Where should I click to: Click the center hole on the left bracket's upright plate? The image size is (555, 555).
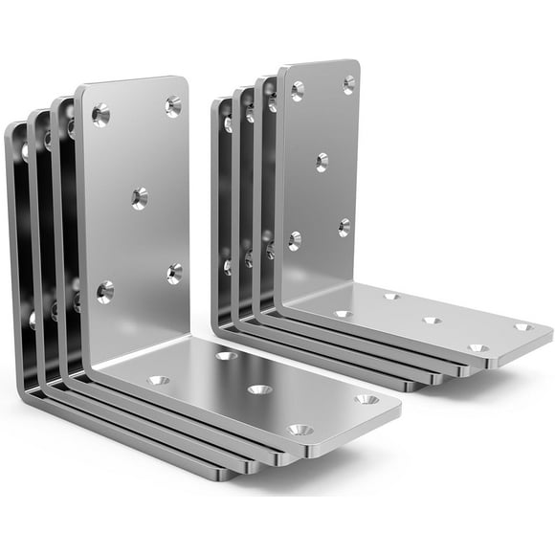click(140, 199)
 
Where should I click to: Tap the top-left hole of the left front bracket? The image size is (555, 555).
click(101, 116)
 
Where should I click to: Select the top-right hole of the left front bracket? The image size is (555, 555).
click(172, 106)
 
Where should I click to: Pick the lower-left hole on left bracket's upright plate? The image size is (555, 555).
click(104, 291)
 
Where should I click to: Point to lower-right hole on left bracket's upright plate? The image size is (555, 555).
click(175, 275)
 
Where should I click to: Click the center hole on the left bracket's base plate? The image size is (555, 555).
click(258, 389)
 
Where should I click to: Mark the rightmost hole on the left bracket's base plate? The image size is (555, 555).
click(366, 399)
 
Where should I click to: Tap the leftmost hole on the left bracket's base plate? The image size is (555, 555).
click(158, 380)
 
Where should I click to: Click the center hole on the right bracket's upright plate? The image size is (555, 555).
click(322, 162)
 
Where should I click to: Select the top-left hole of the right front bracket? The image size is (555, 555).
click(298, 91)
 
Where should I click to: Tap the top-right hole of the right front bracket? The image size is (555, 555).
click(348, 84)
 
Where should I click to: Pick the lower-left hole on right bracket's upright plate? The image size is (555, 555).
click(296, 240)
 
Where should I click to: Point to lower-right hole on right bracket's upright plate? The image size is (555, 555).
click(344, 227)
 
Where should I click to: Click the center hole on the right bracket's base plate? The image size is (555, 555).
click(432, 321)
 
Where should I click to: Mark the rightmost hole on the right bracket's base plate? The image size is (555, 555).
click(522, 327)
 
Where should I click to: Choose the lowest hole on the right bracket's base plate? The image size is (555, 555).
click(477, 348)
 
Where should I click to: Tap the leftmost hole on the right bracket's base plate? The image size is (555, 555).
click(343, 313)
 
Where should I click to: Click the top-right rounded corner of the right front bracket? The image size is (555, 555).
click(354, 65)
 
